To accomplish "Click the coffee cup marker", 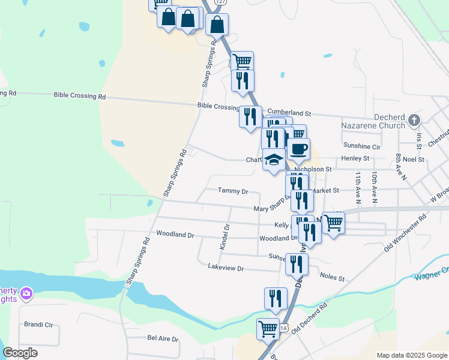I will (298, 149).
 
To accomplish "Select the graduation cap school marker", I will (274, 160).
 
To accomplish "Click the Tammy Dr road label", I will (233, 191).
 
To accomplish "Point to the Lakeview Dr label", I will (225, 268).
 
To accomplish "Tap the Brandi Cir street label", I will (38, 325).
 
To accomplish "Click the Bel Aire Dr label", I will (163, 338).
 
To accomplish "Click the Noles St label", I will (333, 278).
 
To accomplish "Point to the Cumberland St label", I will (289, 112).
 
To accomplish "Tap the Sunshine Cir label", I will (361, 146).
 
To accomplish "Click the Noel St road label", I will (414, 160).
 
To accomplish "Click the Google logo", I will (20, 353).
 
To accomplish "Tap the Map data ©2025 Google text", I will (411, 355).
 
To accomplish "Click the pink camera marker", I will (26, 293).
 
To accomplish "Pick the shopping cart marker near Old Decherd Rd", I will (267, 329).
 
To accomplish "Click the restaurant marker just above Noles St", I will (297, 264).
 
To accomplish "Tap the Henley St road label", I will (356, 158).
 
